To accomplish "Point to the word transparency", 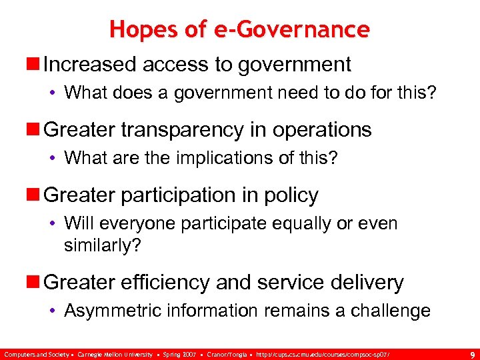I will click(183, 130).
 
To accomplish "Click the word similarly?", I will click(103, 245).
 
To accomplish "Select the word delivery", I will click(367, 283).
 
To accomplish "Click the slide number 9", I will click(472, 354).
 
